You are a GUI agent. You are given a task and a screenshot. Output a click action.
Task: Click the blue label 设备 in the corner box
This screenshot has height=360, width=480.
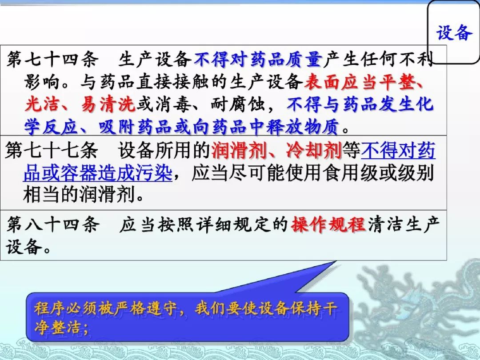pyautogui.click(x=454, y=32)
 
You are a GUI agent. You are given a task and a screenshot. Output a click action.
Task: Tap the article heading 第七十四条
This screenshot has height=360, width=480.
pyautogui.click(x=52, y=59)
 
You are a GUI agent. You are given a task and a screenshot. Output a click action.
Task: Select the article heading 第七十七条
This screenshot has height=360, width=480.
pyautogui.click(x=52, y=150)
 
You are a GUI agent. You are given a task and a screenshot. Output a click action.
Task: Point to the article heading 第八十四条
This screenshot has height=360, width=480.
pyautogui.click(x=53, y=224)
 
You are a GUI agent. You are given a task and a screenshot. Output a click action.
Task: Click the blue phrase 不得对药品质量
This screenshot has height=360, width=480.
pyautogui.click(x=258, y=59)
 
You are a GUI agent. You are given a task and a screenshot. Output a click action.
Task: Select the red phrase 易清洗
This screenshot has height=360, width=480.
pyautogui.click(x=108, y=104)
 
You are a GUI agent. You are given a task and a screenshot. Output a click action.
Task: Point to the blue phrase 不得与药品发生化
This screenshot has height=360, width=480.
pyautogui.click(x=360, y=104)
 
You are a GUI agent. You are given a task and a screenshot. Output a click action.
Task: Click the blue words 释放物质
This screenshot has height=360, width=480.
pyautogui.click(x=302, y=127)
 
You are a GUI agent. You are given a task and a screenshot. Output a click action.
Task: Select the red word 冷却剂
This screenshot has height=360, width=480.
pyautogui.click(x=314, y=150)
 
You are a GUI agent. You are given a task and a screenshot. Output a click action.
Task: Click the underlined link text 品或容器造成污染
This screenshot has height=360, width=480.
pyautogui.click(x=98, y=172)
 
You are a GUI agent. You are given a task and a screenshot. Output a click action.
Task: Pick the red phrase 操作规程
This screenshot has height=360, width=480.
pyautogui.click(x=328, y=224)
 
